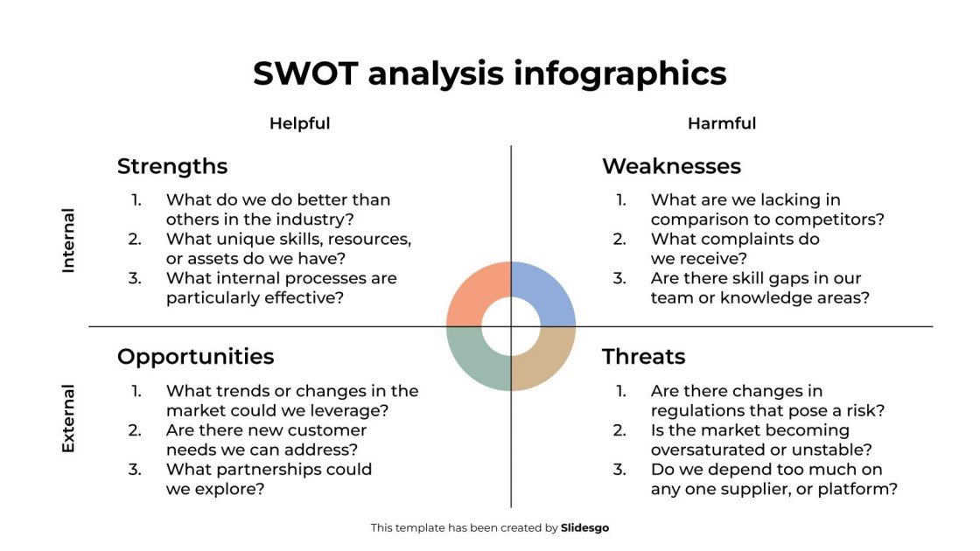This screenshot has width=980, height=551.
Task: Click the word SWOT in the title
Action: pos(305,73)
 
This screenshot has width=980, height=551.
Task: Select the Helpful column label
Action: pos(299,123)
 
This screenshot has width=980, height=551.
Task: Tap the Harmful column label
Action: pos(721,123)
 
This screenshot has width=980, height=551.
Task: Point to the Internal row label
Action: pos(68,241)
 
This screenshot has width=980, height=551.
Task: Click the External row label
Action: pos(68,418)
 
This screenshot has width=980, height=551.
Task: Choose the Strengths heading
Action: pos(172,166)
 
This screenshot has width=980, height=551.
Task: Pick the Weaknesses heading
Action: pos(671,166)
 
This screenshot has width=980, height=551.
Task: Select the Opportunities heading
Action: pos(195,357)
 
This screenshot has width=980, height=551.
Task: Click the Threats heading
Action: pos(643,357)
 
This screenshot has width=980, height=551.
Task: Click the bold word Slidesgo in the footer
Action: pos(584,528)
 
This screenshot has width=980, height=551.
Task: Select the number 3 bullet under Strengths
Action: pos(136,278)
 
